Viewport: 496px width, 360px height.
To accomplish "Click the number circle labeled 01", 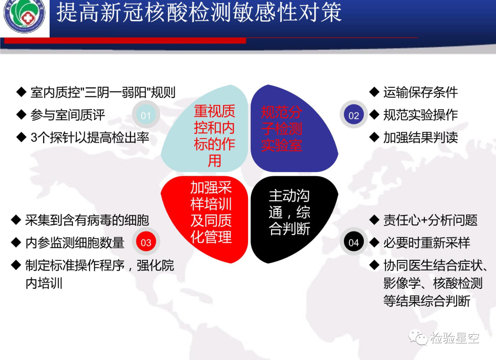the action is (x=146, y=115).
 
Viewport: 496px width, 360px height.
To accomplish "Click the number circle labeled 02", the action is (x=354, y=115).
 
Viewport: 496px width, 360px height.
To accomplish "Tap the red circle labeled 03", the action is (x=146, y=242).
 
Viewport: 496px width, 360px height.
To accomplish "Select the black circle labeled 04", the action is (x=354, y=242).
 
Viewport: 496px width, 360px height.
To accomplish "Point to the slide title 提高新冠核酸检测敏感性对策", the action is (x=199, y=13).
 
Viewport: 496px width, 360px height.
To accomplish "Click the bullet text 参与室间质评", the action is (x=68, y=115).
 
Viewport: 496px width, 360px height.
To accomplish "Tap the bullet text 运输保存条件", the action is (x=421, y=92).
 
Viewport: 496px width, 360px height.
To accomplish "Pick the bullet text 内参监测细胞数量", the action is (x=75, y=242).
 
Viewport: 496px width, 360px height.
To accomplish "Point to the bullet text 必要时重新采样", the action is (x=427, y=242).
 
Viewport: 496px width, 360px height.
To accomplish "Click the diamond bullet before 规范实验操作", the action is (x=374, y=114).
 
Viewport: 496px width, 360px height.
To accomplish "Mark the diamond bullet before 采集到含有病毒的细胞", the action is (x=16, y=219).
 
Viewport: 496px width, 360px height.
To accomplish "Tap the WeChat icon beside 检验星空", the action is (x=418, y=337).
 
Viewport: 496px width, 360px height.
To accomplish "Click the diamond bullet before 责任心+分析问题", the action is (x=374, y=219).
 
